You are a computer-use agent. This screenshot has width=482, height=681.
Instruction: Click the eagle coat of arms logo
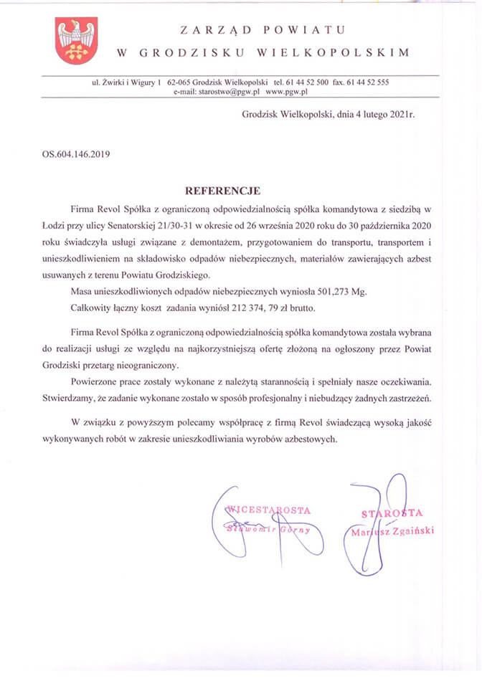(76, 41)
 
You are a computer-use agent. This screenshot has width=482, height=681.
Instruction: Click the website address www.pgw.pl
(286, 92)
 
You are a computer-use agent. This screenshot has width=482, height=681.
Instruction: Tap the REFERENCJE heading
(222, 191)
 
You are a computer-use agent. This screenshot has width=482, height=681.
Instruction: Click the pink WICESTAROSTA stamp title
(268, 510)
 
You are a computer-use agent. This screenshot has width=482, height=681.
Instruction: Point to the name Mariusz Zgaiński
(392, 531)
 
